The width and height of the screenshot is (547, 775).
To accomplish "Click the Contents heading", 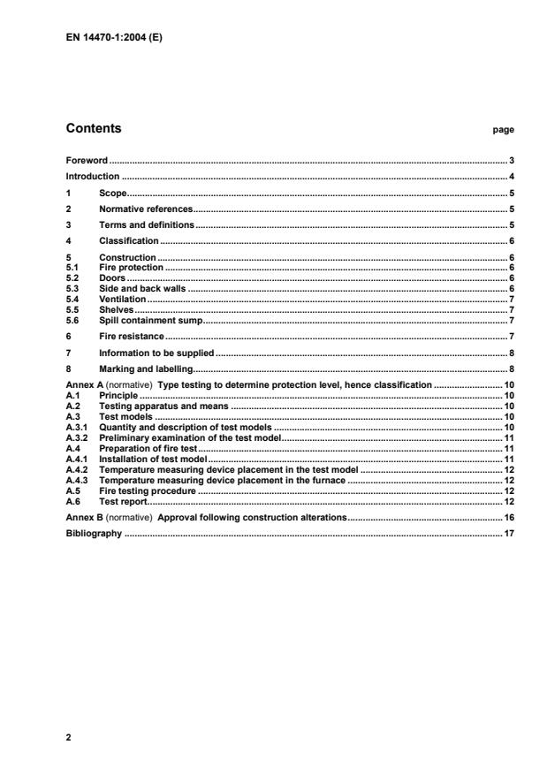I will coord(94,129).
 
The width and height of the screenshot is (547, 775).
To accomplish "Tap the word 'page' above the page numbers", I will coord(503,130).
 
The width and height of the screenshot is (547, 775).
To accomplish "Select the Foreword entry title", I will coord(87,161).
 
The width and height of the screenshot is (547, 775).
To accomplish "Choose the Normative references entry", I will coord(145,209).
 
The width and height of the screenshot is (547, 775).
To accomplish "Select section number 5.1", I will coord(72,265).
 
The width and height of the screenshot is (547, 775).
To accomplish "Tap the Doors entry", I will coord(111,277).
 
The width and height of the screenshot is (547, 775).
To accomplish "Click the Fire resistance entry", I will coord(132,337).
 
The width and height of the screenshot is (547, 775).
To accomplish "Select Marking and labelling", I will coord(145,368).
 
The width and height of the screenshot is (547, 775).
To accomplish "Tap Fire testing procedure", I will coord(147,490).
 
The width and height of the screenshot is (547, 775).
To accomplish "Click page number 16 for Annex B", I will coord(509,516).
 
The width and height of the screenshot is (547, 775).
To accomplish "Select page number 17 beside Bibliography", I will coord(509,534).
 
